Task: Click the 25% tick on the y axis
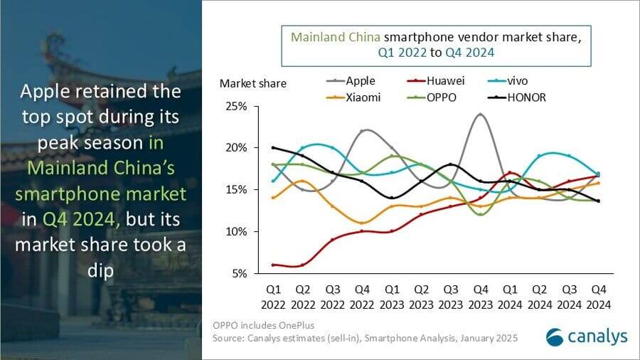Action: click(236, 107)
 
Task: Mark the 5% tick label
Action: click(239, 273)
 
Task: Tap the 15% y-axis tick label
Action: click(236, 190)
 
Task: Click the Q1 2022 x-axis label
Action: click(273, 297)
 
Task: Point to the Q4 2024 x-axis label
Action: click(598, 297)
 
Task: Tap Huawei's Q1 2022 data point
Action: click(273, 265)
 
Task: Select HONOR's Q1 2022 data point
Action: click(273, 148)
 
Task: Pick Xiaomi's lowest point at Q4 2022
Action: click(363, 223)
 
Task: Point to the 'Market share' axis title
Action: click(253, 83)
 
